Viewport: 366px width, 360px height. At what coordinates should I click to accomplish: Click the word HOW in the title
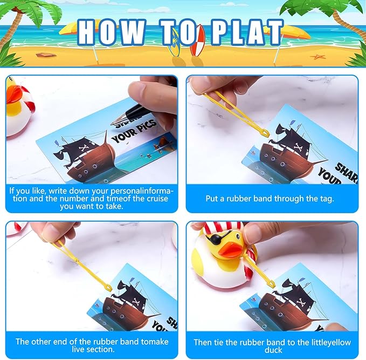(110, 32)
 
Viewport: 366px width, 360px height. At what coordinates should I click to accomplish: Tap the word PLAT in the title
(247, 32)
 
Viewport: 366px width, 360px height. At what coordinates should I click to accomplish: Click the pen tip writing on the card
(113, 123)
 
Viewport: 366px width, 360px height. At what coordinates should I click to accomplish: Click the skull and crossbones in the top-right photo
(299, 147)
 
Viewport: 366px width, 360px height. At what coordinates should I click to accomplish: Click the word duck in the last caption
(273, 350)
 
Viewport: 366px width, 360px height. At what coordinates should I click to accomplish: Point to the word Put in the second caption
(211, 199)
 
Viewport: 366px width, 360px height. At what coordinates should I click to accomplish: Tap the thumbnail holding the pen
(137, 90)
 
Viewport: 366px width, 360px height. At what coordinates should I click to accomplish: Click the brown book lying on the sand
(46, 55)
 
